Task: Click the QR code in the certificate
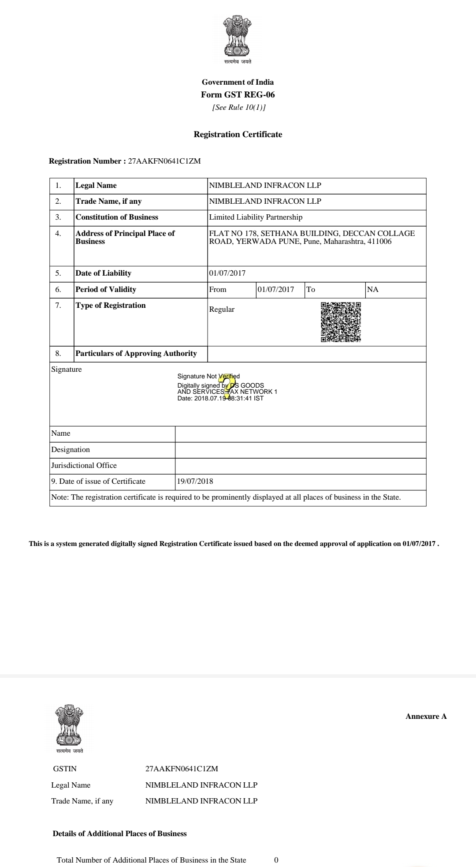click(341, 322)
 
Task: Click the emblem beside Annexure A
click(69, 726)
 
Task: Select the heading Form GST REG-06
click(238, 95)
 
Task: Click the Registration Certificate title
click(238, 135)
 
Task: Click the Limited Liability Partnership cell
click(256, 217)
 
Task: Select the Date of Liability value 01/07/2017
click(227, 273)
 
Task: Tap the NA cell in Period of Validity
click(373, 289)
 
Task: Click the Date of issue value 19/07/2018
click(195, 481)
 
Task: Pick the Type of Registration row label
click(111, 305)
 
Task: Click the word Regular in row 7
click(222, 309)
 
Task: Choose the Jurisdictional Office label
click(84, 465)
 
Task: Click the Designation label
click(71, 449)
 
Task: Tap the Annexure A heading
click(426, 716)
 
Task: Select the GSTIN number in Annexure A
click(182, 769)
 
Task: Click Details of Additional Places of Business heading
click(119, 833)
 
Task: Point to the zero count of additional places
click(276, 860)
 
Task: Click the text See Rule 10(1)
click(239, 107)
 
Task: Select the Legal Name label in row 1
click(96, 185)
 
